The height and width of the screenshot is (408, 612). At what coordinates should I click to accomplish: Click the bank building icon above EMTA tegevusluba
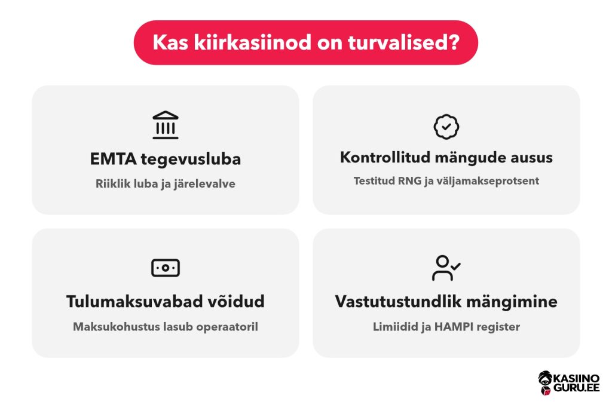click(x=166, y=125)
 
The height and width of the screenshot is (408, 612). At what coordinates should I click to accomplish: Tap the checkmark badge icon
click(x=446, y=127)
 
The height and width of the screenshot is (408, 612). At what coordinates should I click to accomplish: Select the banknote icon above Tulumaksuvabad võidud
click(x=166, y=268)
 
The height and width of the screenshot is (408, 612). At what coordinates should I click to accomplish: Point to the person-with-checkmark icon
click(x=446, y=268)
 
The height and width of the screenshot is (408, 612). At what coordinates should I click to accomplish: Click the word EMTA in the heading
click(x=113, y=159)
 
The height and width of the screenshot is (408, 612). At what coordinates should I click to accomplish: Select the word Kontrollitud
click(x=385, y=157)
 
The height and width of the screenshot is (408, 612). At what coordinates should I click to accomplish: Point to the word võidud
click(x=235, y=302)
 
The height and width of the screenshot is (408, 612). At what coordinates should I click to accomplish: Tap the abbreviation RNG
click(x=409, y=181)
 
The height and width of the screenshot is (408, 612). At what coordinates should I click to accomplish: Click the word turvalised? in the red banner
click(x=403, y=42)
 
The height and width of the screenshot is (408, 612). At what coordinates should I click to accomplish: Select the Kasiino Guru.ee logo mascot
click(x=545, y=383)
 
